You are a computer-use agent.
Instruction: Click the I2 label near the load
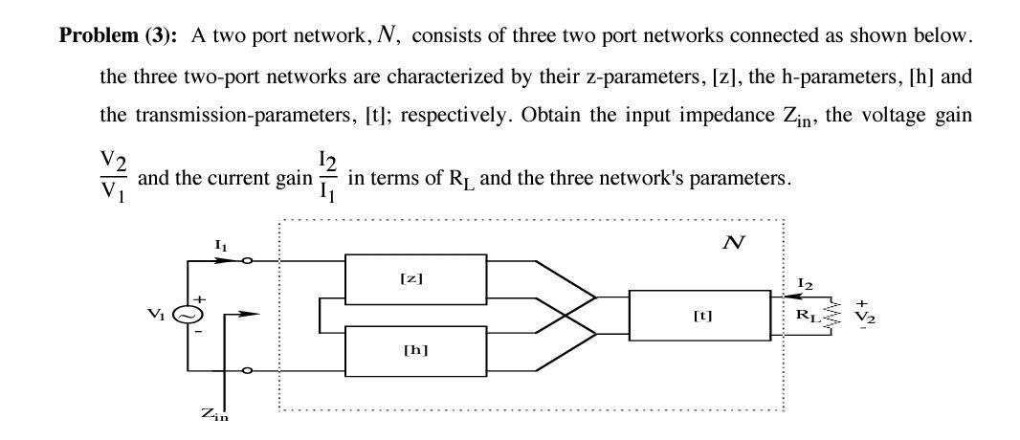pyautogui.click(x=805, y=284)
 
